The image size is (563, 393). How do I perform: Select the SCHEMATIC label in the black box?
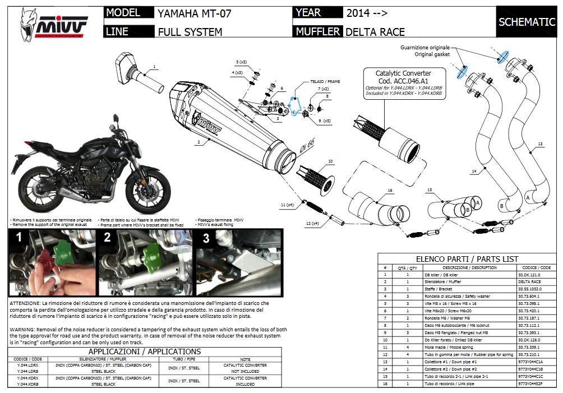point(527,22)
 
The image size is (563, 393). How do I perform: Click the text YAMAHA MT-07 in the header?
point(194,13)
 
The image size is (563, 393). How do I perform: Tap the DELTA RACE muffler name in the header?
point(375,32)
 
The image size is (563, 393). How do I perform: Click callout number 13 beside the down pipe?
point(539,145)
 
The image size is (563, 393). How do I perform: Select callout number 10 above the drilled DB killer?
point(330,161)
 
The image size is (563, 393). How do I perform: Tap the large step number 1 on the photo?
point(18,238)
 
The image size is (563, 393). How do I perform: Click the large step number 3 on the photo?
point(205,238)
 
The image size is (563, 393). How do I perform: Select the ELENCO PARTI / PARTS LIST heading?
point(467,259)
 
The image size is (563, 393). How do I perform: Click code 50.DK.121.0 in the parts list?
point(529,276)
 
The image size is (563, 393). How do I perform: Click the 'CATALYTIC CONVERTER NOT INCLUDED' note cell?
point(244,368)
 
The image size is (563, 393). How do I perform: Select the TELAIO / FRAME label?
point(325,81)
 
